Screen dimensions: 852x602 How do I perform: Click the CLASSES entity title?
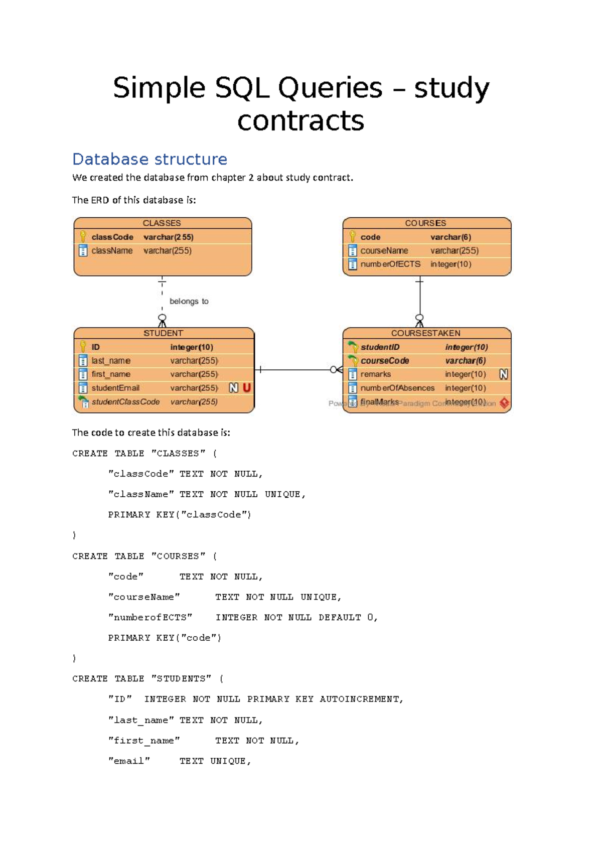[x=162, y=223]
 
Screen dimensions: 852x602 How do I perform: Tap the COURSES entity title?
[x=425, y=223]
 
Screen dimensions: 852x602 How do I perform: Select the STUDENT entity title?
[x=163, y=333]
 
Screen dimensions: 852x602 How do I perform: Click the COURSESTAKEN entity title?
[x=425, y=333]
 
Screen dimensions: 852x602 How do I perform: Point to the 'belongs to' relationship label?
[x=189, y=301]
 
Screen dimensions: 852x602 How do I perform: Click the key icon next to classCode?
[x=83, y=236]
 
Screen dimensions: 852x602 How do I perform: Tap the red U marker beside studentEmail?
[x=246, y=387]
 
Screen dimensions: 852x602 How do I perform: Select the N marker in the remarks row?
[x=504, y=374]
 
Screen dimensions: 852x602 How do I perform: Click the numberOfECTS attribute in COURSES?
[x=390, y=264]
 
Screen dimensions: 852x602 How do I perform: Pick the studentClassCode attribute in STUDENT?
[x=125, y=401]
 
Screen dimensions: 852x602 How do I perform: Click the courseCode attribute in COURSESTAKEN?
[x=385, y=360]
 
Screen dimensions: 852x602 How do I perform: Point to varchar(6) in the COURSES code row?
[x=450, y=237]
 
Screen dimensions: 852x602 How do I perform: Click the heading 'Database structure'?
[x=149, y=159]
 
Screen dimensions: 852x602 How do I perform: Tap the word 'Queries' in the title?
[x=330, y=88]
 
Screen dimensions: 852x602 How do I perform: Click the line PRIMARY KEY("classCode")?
[x=179, y=514]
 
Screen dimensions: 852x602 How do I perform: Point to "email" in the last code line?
[x=129, y=761]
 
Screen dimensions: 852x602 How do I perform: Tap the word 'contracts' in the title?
[x=300, y=121]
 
